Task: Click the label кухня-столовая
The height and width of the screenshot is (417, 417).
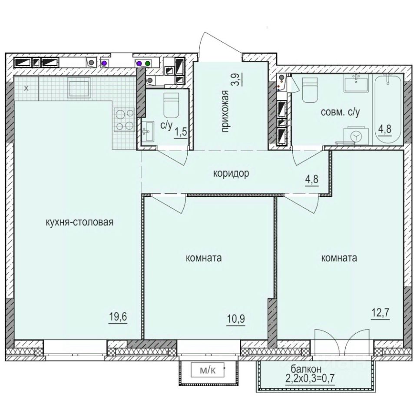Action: [x=79, y=223]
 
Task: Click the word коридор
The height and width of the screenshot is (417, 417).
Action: [x=231, y=174]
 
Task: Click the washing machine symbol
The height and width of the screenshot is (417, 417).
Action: [x=356, y=136]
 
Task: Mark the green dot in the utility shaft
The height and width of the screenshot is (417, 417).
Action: [x=148, y=63]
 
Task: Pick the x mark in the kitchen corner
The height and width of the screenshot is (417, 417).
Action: [x=26, y=88]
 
